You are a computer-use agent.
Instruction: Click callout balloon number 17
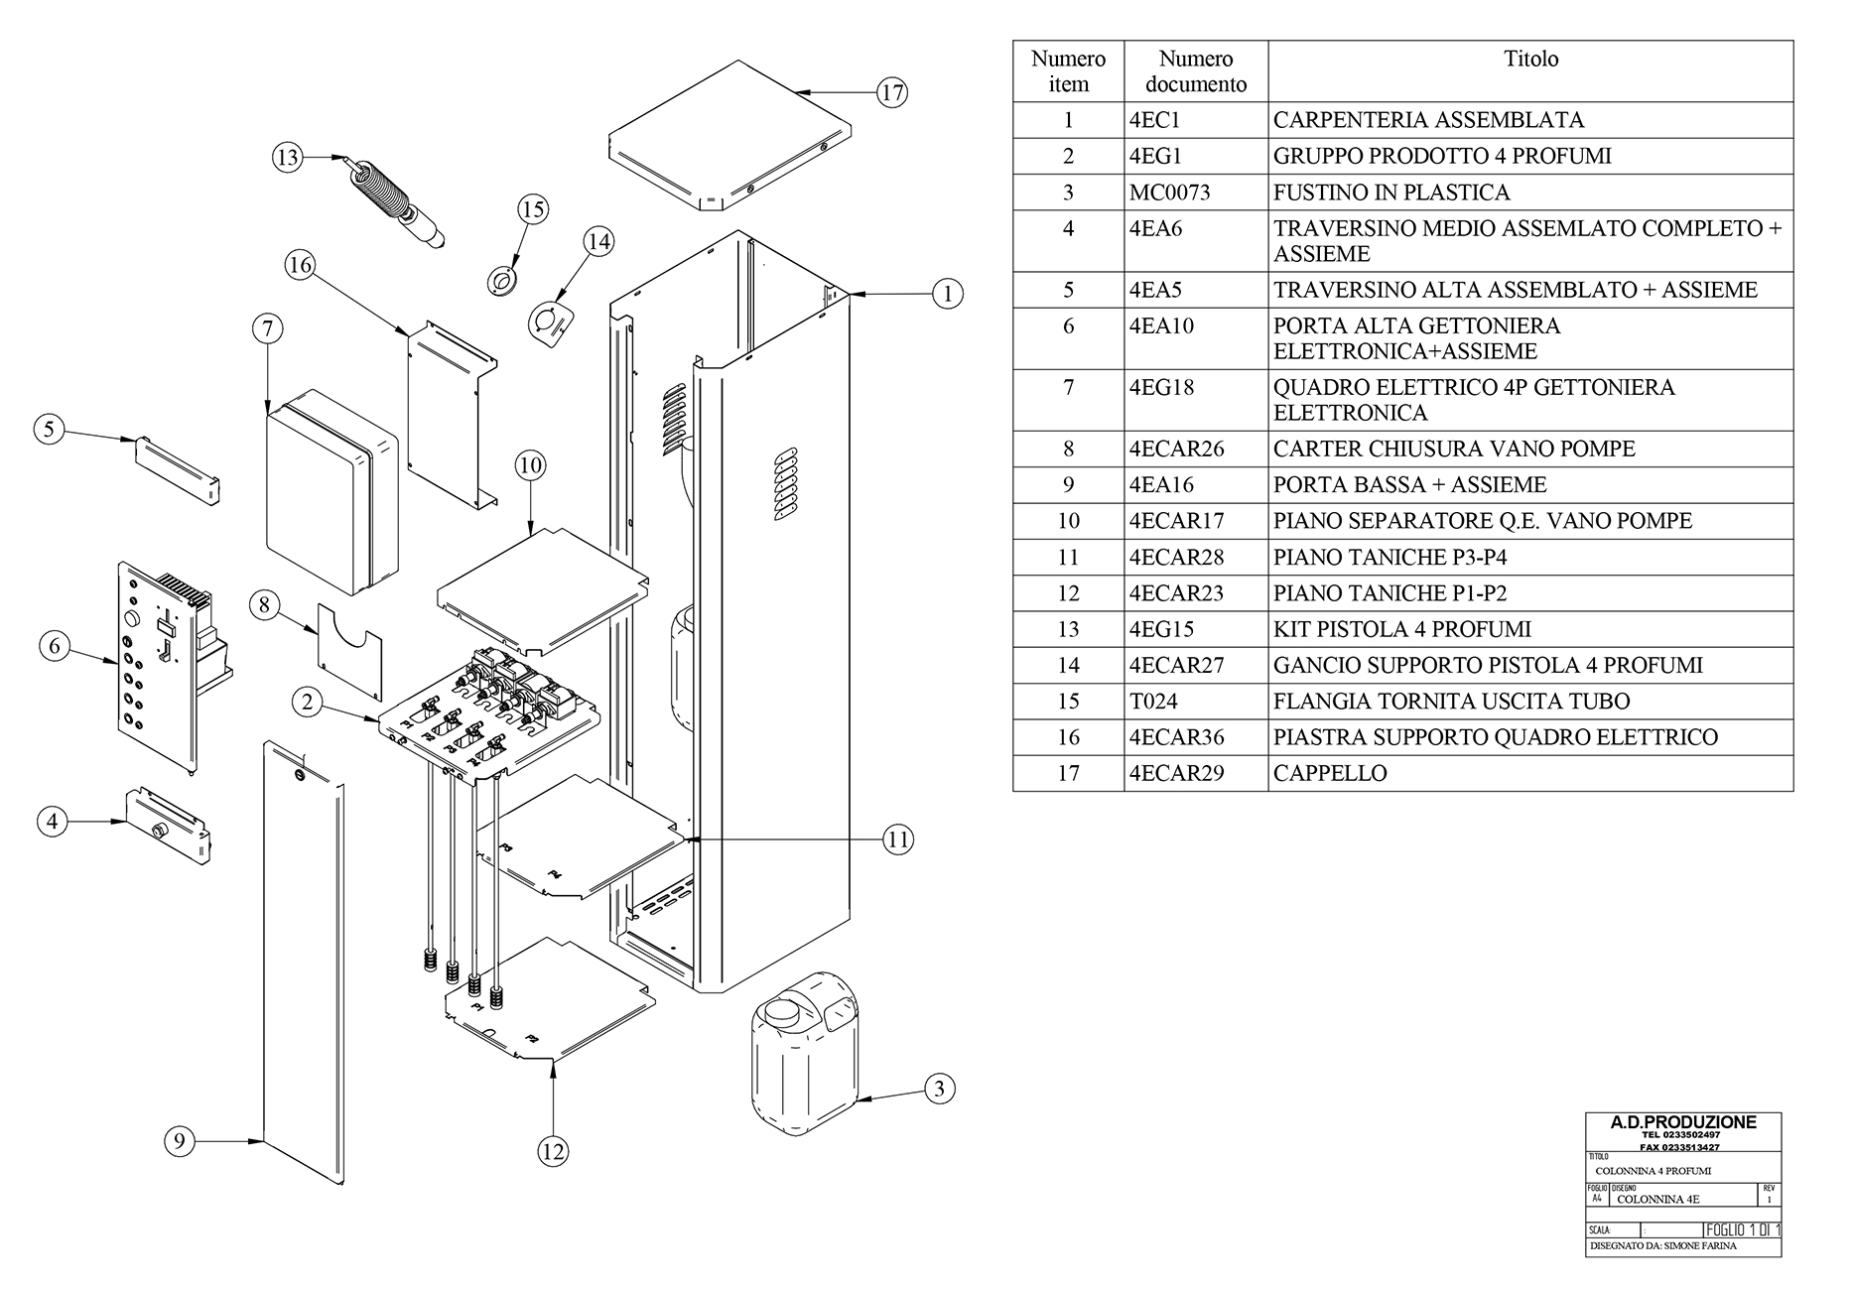pyautogui.click(x=892, y=92)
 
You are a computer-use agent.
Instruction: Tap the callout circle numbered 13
pyautogui.click(x=287, y=157)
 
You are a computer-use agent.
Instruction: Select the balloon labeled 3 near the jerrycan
pyautogui.click(x=940, y=1089)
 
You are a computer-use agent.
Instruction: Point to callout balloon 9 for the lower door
pyautogui.click(x=179, y=1141)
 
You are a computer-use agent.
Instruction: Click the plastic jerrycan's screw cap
pyautogui.click(x=778, y=1013)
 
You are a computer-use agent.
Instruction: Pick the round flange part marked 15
pyautogui.click(x=503, y=281)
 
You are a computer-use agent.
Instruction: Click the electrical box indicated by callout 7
pyautogui.click(x=331, y=491)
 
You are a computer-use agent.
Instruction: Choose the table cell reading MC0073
pyautogui.click(x=1169, y=193)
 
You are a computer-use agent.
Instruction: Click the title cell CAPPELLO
pyautogui.click(x=1330, y=773)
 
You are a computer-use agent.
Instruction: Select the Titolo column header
pyautogui.click(x=1530, y=60)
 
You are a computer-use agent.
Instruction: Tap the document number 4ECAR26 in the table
pyautogui.click(x=1176, y=449)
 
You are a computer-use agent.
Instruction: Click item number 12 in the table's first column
pyautogui.click(x=1068, y=592)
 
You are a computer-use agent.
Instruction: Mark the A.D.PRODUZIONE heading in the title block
pyautogui.click(x=1682, y=1122)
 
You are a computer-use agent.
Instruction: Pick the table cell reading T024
pyautogui.click(x=1153, y=701)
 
